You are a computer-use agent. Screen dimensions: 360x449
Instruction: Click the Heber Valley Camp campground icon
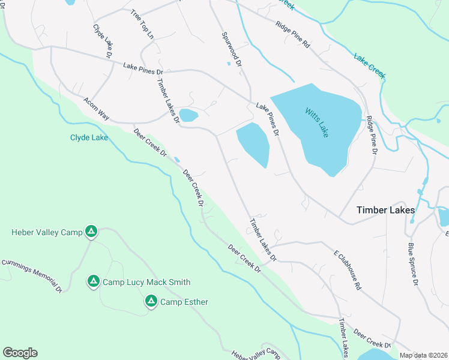91,231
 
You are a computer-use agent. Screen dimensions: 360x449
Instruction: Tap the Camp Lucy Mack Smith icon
93,281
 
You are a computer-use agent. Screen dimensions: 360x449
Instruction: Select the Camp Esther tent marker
151,301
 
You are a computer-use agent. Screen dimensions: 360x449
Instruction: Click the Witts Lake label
316,122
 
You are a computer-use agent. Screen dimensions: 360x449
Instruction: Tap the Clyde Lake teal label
89,138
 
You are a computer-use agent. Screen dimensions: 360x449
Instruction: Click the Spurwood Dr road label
231,49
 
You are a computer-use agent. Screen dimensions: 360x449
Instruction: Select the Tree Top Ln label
142,25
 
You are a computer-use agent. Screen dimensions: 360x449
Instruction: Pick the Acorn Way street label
96,109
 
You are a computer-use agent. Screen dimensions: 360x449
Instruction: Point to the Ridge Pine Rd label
292,35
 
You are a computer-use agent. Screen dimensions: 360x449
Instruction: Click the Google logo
20,353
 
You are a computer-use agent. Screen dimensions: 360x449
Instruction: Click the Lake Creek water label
369,66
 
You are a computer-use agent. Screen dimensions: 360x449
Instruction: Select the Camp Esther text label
184,302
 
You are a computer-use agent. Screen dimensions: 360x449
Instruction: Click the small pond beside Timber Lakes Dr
188,115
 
